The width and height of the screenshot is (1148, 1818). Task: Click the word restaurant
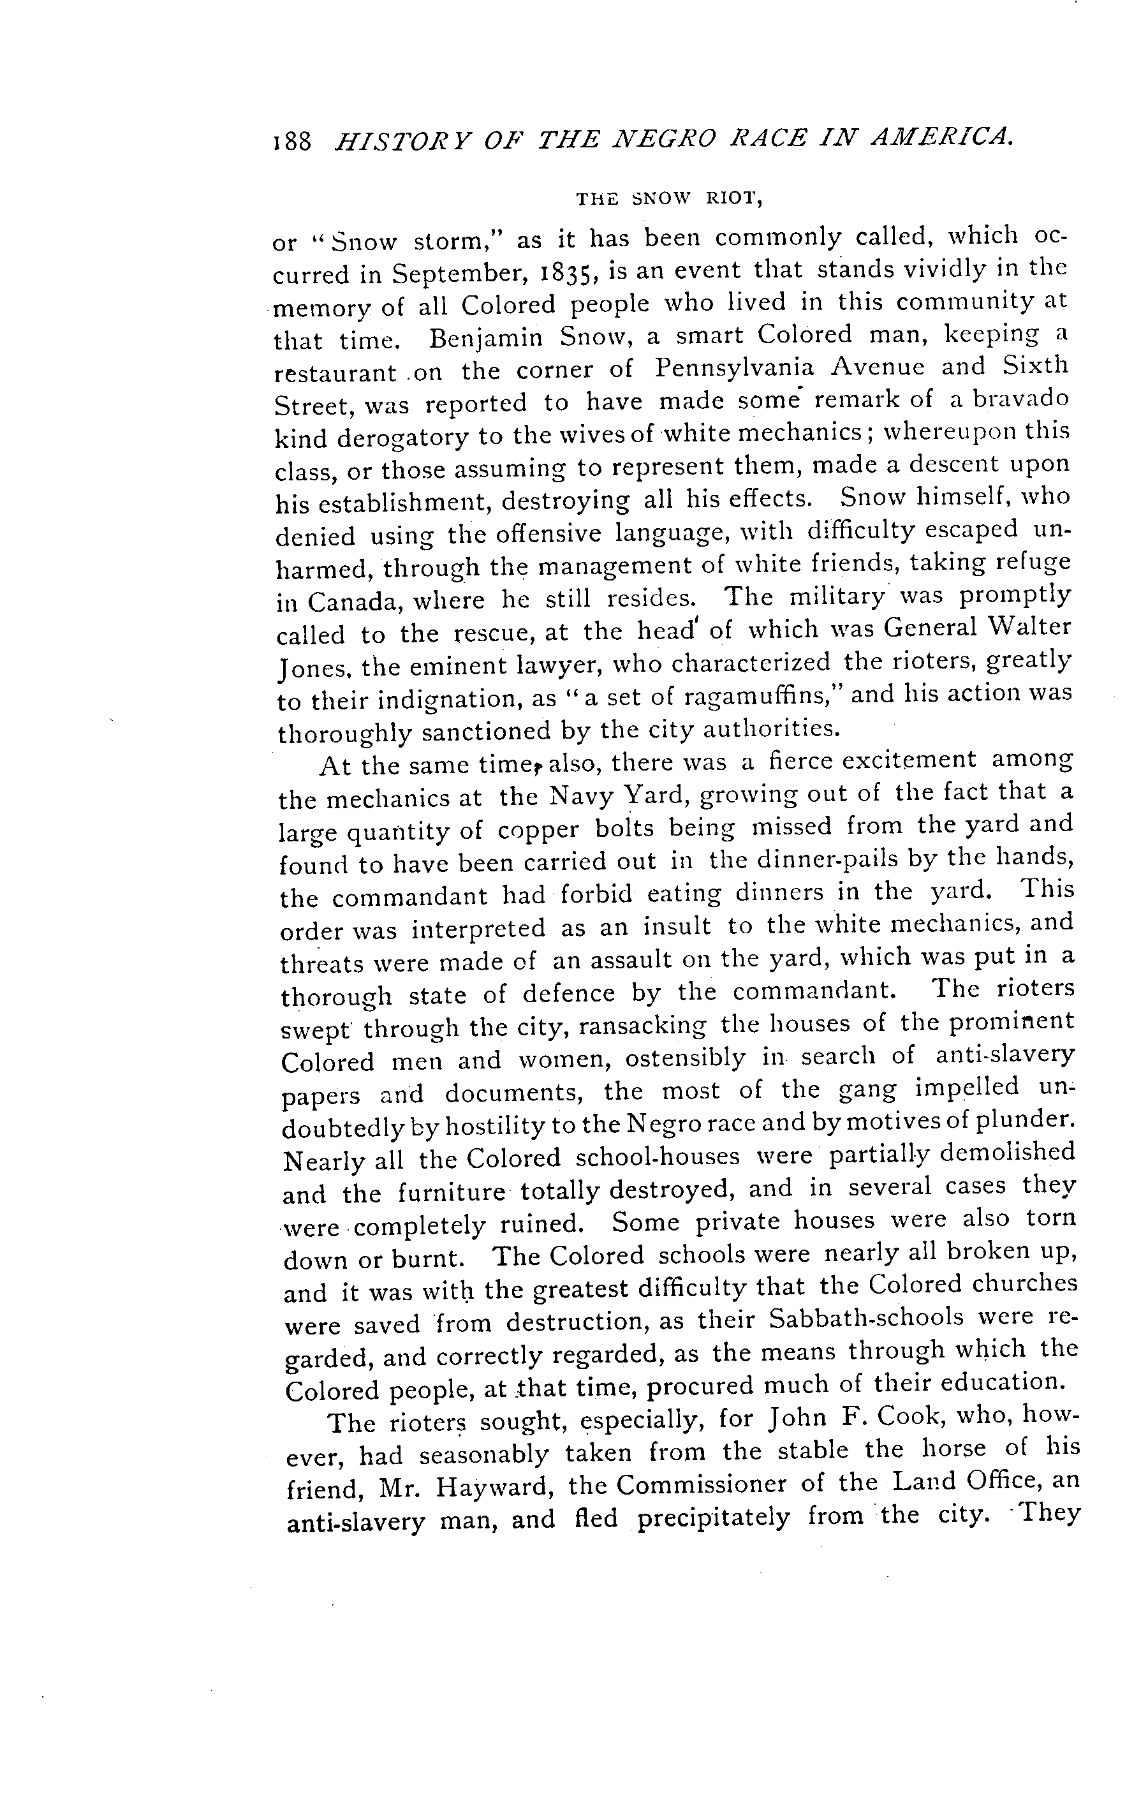pos(335,373)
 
